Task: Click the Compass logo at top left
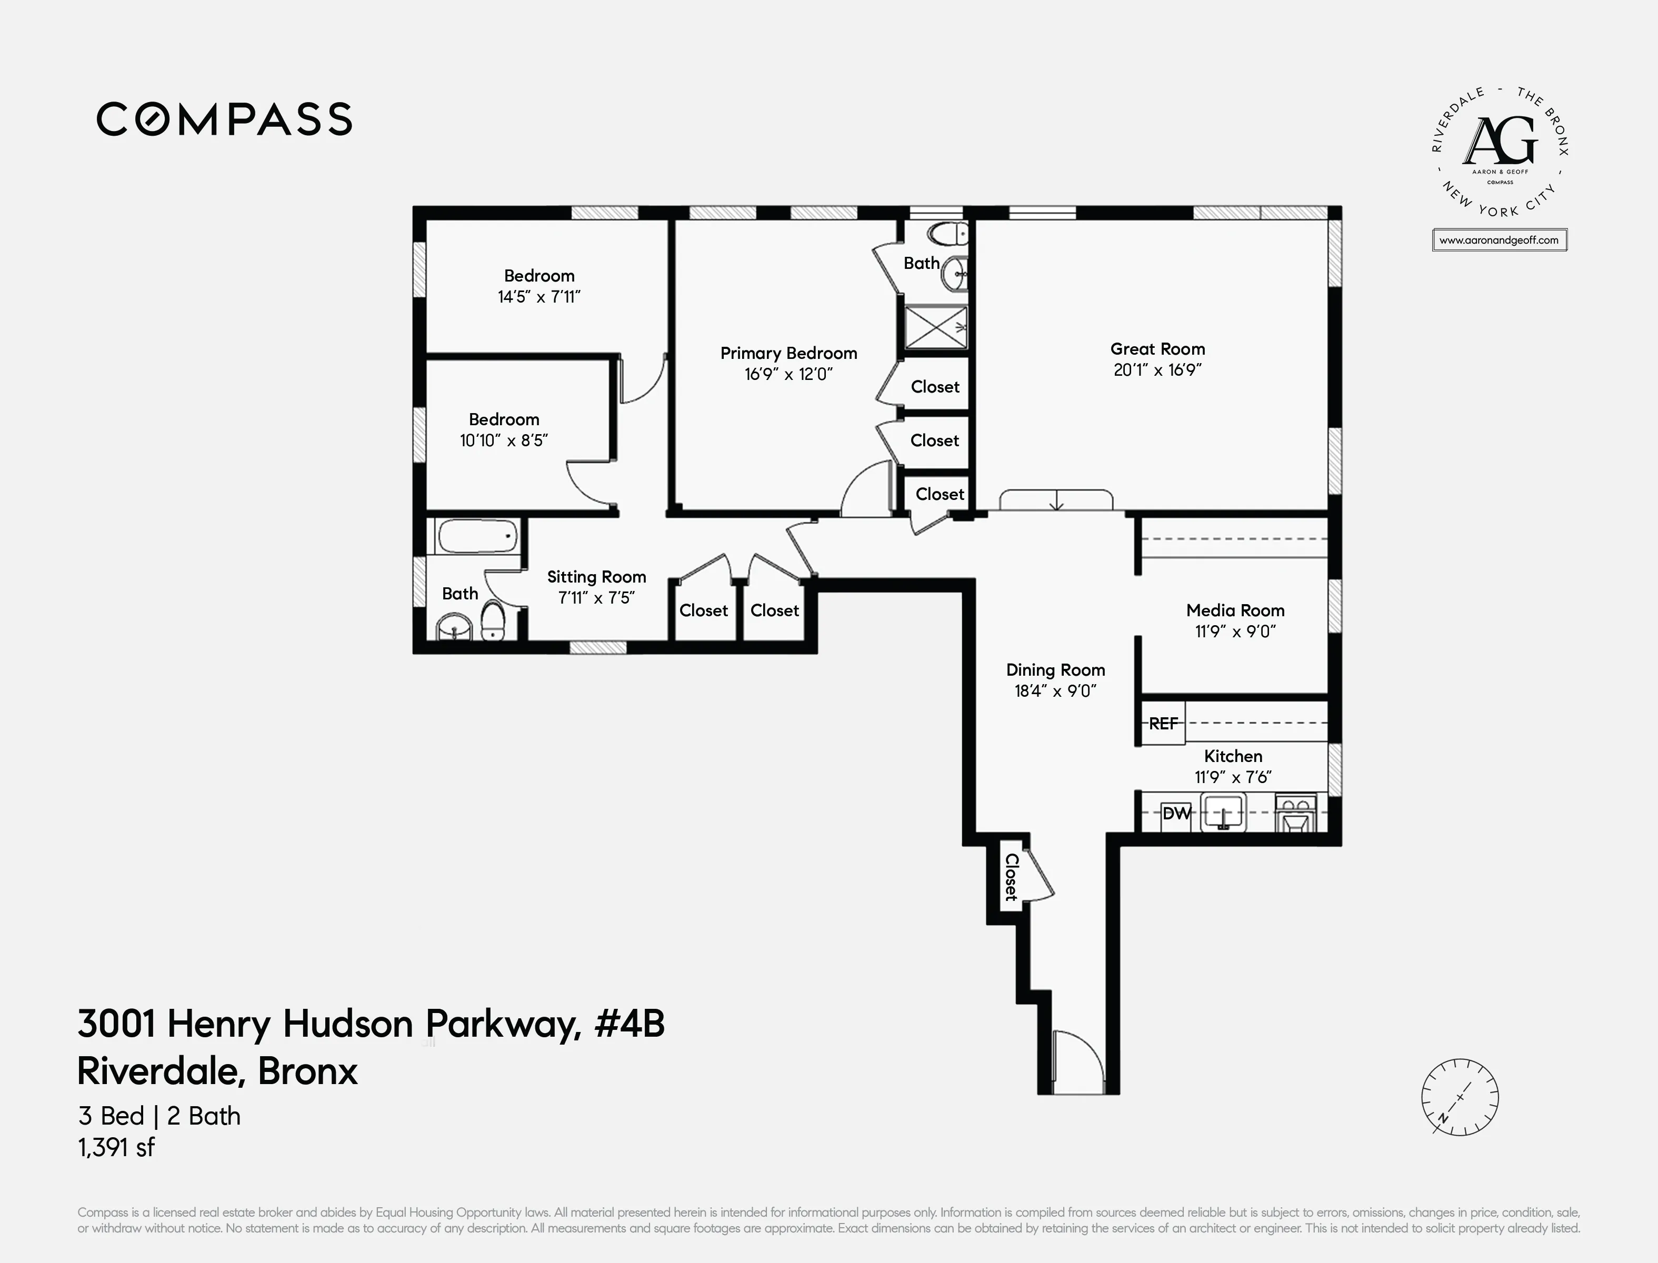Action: pyautogui.click(x=224, y=119)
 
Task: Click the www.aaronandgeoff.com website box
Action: pyautogui.click(x=1499, y=240)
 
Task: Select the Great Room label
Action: pyautogui.click(x=1157, y=349)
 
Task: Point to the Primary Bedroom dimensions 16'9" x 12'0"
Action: pyautogui.click(x=788, y=374)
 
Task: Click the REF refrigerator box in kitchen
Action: pyautogui.click(x=1163, y=723)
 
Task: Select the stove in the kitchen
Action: pyautogui.click(x=1295, y=814)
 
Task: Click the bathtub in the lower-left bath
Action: pyautogui.click(x=477, y=537)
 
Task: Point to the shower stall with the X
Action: pyautogui.click(x=935, y=327)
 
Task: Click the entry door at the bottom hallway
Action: pyautogui.click(x=1077, y=1064)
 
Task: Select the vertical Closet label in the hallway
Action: pyautogui.click(x=1011, y=877)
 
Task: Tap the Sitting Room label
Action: pyautogui.click(x=596, y=577)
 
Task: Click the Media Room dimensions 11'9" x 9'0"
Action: pyautogui.click(x=1235, y=631)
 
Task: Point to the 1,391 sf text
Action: pyautogui.click(x=116, y=1147)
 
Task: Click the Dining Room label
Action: pyautogui.click(x=1055, y=670)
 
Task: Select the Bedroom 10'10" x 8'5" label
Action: pyautogui.click(x=504, y=430)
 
